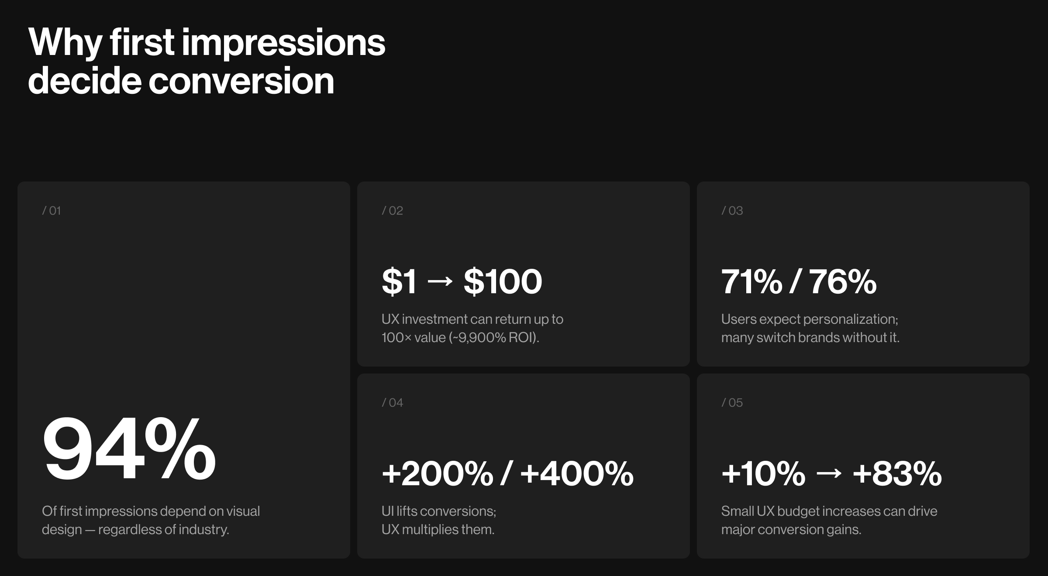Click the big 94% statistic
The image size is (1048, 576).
pos(129,449)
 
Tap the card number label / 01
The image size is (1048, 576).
pos(52,211)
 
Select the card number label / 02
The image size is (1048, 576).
pos(392,211)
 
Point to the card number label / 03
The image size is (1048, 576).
pos(732,211)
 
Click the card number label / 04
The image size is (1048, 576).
pos(392,403)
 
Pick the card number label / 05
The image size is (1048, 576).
pos(732,403)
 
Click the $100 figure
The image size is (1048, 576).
pos(503,282)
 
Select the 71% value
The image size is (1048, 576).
pos(752,282)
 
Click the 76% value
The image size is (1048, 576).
pos(843,282)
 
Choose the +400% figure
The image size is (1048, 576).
pos(577,474)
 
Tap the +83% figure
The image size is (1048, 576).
pos(897,474)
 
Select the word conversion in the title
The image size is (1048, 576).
pos(241,81)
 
